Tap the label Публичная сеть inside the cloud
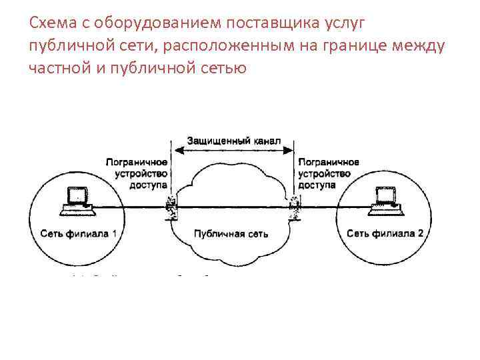pos(231,234)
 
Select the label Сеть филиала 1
pos(78,233)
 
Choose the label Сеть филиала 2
pos(385,233)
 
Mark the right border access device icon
pos(294,207)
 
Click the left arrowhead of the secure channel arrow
pos(175,151)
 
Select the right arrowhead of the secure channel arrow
pos(291,151)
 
